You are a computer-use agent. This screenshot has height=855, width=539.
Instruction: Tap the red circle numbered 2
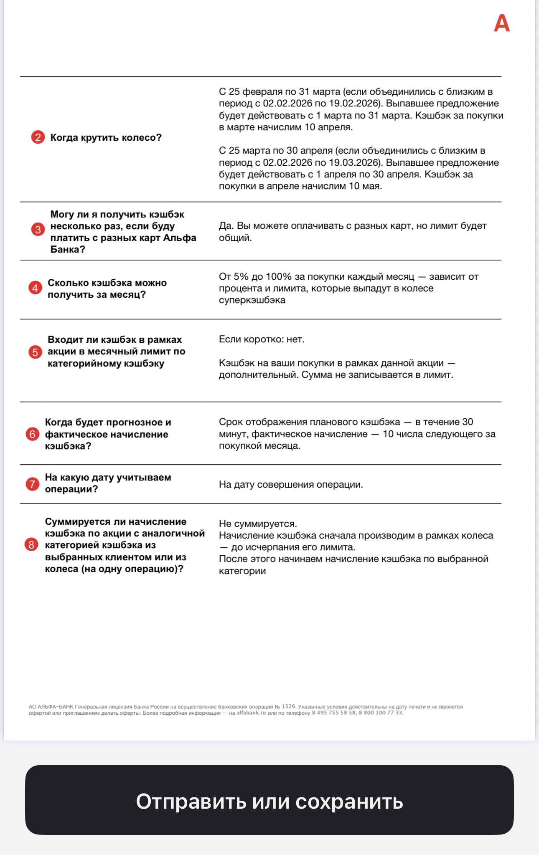[38, 137]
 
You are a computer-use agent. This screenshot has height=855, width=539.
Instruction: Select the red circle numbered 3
[38, 229]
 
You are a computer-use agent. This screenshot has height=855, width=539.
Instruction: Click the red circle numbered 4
[35, 288]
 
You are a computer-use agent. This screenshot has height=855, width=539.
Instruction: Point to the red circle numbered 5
[35, 352]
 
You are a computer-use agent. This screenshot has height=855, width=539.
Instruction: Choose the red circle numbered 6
[32, 434]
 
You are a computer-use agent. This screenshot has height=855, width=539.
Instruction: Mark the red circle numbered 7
[32, 484]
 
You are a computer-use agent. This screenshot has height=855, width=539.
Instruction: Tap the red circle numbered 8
[31, 545]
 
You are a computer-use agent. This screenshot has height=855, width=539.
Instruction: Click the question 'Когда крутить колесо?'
[106, 137]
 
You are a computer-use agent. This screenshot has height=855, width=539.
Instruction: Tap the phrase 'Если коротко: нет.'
[262, 339]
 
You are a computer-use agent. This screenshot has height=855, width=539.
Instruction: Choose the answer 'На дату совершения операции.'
[291, 484]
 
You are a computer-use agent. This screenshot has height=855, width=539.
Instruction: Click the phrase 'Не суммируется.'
[258, 524]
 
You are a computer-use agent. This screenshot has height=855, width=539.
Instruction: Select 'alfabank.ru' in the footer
[251, 713]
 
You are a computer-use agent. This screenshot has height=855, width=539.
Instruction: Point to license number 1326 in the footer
[289, 706]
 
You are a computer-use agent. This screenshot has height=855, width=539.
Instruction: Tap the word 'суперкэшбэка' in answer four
[252, 300]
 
